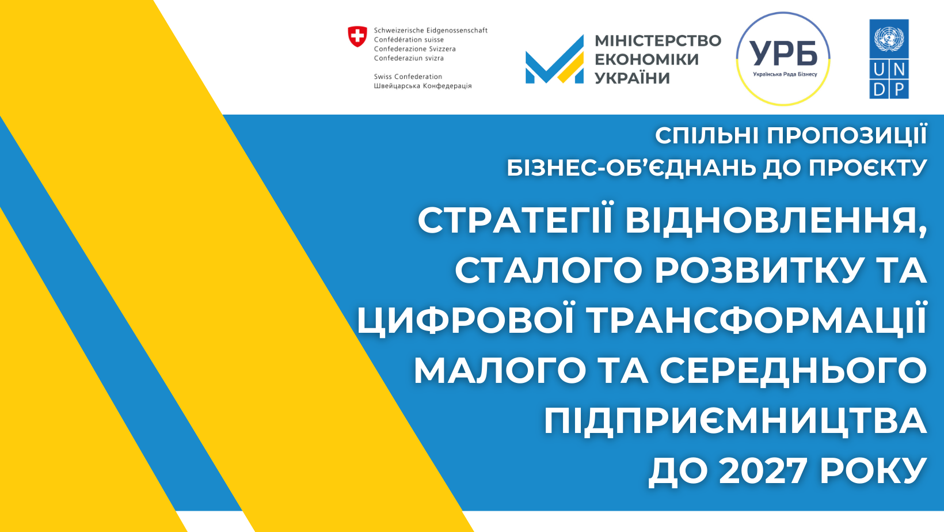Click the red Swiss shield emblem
pyautogui.click(x=357, y=36)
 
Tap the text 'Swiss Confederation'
pyautogui.click(x=408, y=77)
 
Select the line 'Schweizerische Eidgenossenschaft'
pyautogui.click(x=431, y=31)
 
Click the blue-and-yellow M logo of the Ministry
pyautogui.click(x=555, y=59)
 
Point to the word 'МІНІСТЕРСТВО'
pyautogui.click(x=658, y=41)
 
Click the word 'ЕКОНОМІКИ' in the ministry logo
pyautogui.click(x=646, y=59)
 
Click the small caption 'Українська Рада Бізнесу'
pyautogui.click(x=785, y=74)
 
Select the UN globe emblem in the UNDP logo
pyautogui.click(x=889, y=39)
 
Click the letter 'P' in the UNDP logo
pyautogui.click(x=899, y=89)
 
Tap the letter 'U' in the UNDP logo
pyautogui.click(x=879, y=69)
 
